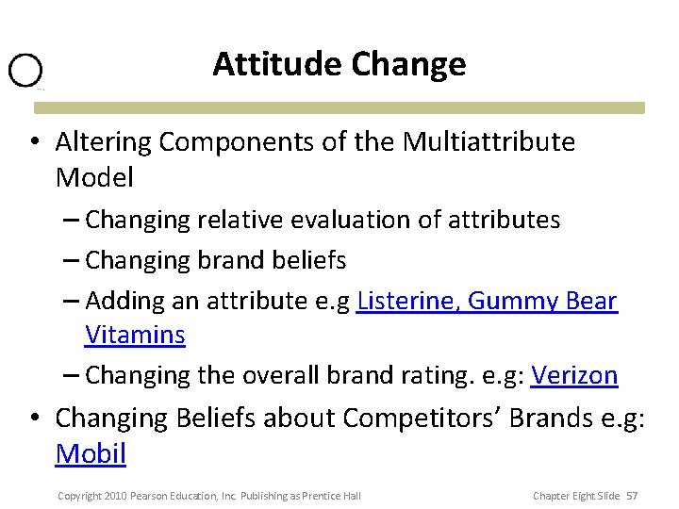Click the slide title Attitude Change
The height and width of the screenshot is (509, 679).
339,64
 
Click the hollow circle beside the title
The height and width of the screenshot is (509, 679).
25,71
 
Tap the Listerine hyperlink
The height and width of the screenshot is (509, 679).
407,301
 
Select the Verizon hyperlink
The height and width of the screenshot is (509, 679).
573,375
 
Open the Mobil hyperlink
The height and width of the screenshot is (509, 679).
91,453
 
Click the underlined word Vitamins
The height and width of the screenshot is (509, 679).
135,335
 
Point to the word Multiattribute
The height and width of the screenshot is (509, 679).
489,142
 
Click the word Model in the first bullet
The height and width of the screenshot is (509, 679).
94,177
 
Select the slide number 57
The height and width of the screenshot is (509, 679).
632,496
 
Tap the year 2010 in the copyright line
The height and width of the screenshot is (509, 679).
114,496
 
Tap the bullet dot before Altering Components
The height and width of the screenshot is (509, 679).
33,143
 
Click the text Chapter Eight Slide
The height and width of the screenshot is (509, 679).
576,496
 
